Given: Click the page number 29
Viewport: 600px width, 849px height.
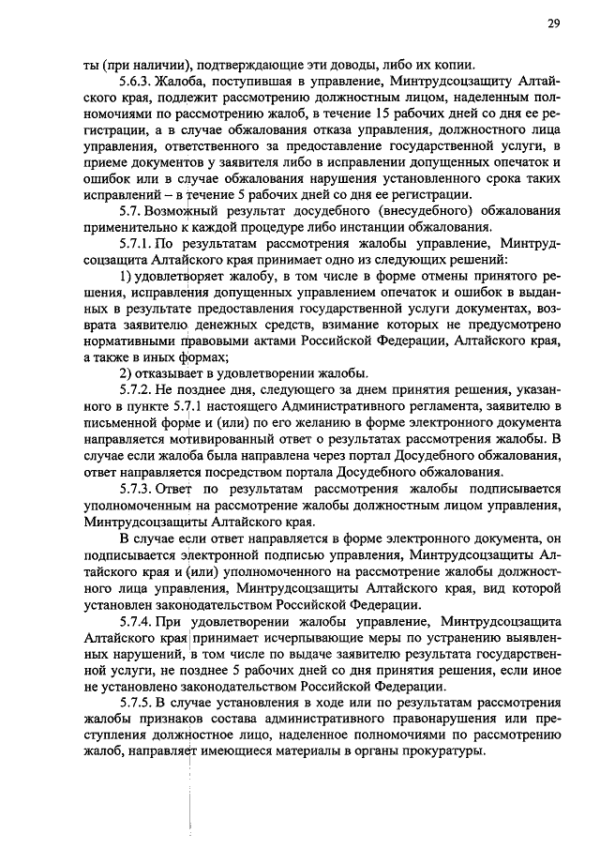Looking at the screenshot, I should [x=553, y=24].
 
